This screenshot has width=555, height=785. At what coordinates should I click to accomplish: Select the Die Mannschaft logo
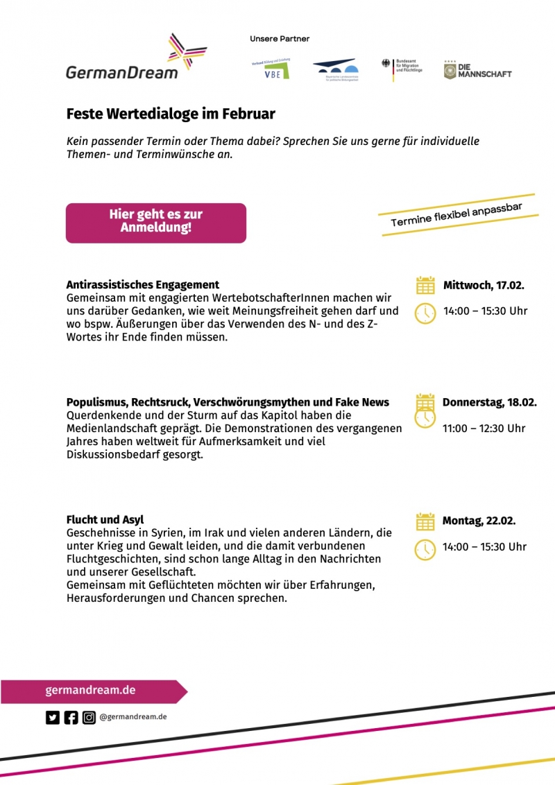click(478, 70)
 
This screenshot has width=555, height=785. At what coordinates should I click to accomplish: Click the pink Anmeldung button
click(156, 222)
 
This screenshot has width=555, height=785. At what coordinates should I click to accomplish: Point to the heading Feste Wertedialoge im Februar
click(171, 113)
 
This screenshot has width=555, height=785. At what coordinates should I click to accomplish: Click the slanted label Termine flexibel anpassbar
click(456, 215)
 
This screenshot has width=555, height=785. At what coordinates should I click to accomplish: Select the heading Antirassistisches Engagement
click(143, 284)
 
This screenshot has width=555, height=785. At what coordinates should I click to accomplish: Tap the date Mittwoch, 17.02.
click(484, 285)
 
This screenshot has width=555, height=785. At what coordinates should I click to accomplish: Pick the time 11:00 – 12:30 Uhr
click(484, 428)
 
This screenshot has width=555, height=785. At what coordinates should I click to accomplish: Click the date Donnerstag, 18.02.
click(490, 402)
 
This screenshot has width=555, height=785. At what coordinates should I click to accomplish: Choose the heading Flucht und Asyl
click(105, 520)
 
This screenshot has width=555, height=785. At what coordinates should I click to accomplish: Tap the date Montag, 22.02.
click(479, 521)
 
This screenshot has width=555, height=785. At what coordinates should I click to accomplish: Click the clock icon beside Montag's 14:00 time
click(425, 549)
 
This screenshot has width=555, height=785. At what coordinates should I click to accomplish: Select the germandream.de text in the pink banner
click(90, 691)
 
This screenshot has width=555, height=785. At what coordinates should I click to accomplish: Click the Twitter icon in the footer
click(53, 718)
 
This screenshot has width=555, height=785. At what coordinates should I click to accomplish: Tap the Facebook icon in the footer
click(71, 718)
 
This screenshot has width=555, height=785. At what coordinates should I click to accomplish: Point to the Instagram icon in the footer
click(89, 718)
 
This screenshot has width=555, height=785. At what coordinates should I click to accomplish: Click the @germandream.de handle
click(133, 717)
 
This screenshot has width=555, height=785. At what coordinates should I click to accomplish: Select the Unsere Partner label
click(280, 40)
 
